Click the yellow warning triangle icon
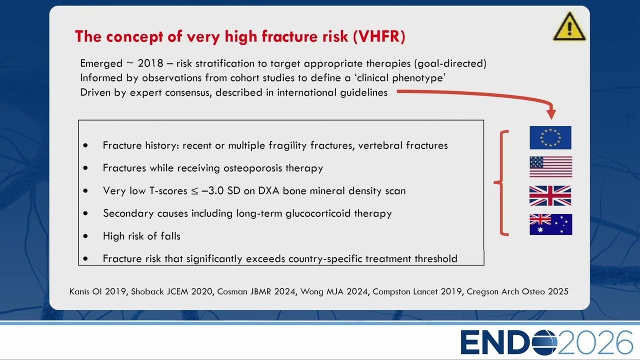pos(569,26)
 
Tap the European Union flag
pos(550,137)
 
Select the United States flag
pos(550,167)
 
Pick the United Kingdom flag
pos(550,195)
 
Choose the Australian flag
pos(550,224)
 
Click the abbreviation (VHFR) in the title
pos(379,36)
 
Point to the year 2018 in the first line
pos(150,63)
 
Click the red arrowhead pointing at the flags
pos(551,113)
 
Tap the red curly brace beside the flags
pos(501,183)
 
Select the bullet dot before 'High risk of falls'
pos(85,236)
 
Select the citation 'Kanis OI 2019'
pos(97,291)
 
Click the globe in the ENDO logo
pos(544,342)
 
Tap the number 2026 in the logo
pos(595,342)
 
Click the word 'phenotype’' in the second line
pos(419,78)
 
